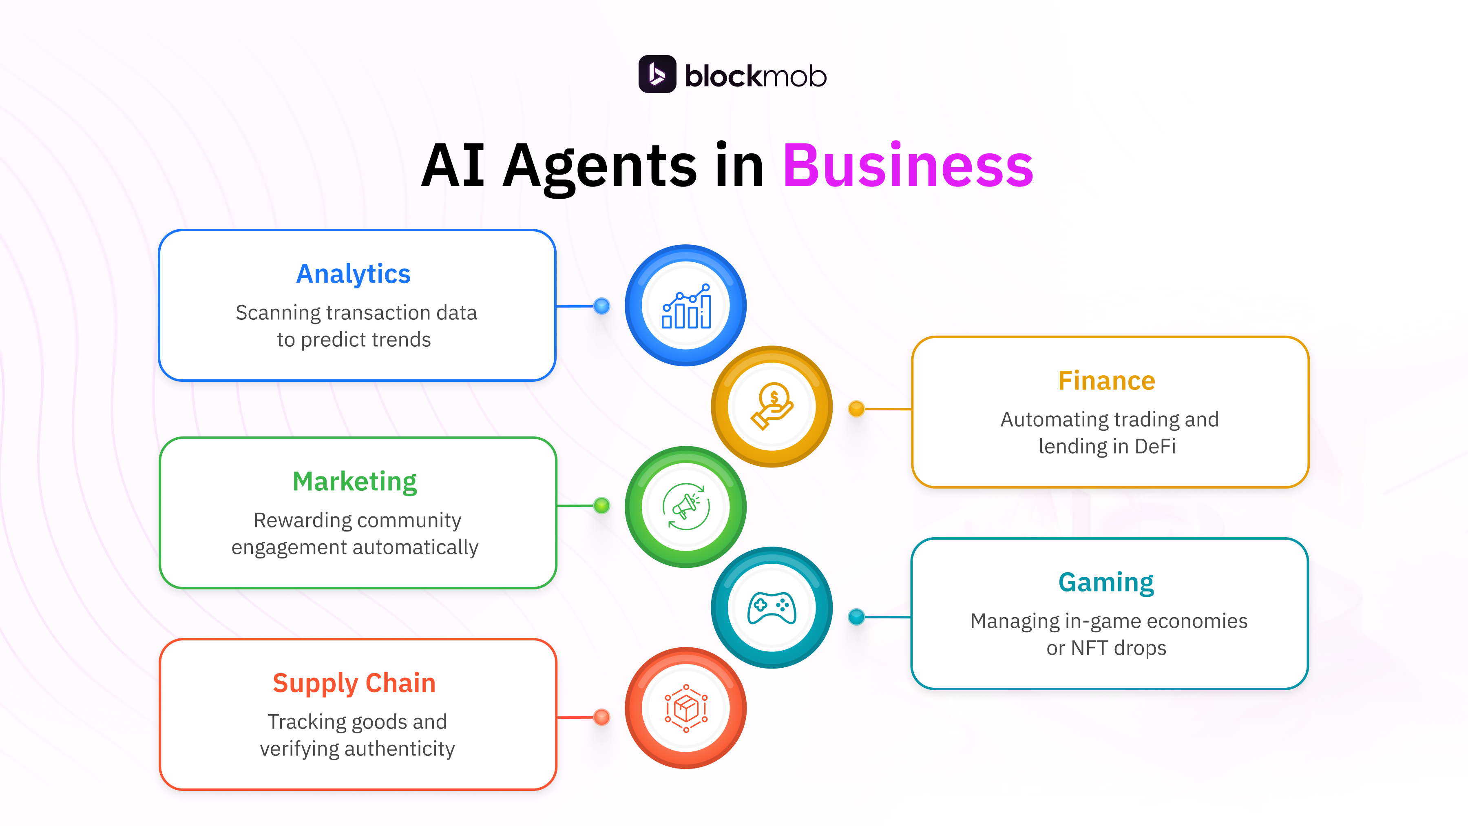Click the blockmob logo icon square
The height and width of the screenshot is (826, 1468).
(657, 74)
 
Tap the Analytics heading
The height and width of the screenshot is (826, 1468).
(353, 274)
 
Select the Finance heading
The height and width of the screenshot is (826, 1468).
(1106, 381)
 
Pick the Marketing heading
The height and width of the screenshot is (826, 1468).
(354, 482)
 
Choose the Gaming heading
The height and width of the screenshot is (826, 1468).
(1106, 582)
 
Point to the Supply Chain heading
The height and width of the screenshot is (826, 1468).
(354, 683)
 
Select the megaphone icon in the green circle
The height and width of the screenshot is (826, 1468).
(686, 507)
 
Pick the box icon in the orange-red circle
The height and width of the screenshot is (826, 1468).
(686, 708)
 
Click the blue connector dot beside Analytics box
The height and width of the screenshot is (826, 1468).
(601, 306)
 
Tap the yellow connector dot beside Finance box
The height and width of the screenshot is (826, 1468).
(856, 408)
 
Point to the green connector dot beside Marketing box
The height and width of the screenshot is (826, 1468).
(601, 506)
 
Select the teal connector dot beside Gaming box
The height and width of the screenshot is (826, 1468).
(856, 616)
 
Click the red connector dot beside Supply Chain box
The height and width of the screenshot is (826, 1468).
(601, 717)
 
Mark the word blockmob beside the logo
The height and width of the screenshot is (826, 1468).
(755, 76)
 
